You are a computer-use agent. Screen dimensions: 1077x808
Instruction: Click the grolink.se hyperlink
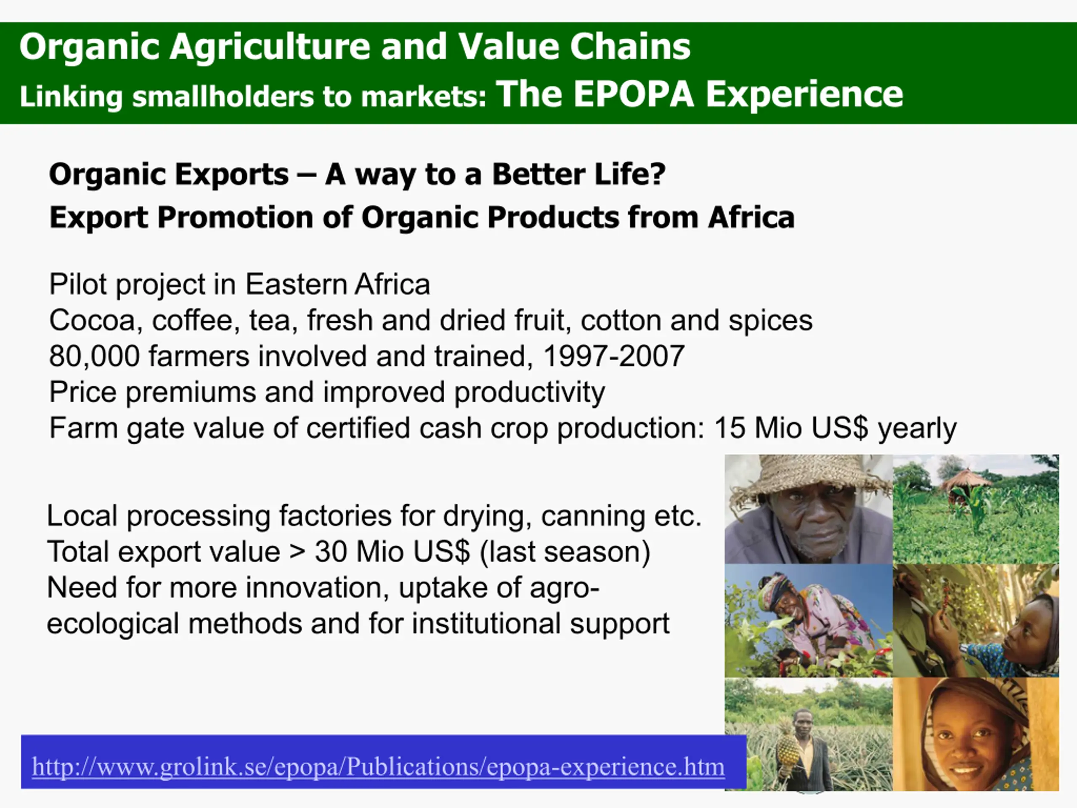378,767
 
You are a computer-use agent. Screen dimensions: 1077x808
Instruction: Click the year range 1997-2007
613,356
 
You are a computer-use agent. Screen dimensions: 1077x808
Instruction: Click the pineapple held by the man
788,745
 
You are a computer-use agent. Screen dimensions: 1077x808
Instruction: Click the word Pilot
78,284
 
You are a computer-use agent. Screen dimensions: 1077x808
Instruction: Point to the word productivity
530,393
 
